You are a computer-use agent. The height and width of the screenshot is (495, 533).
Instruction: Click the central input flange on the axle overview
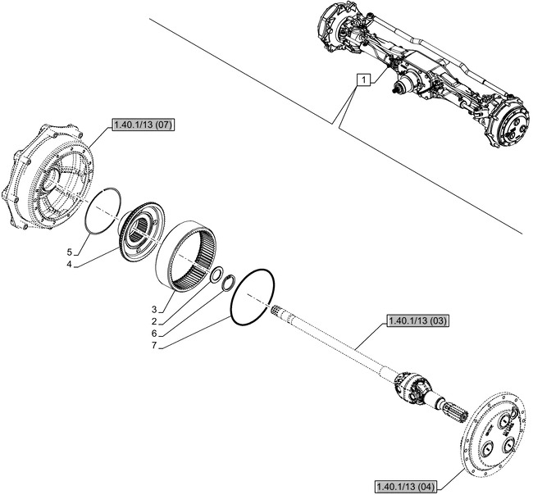coord(403,87)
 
